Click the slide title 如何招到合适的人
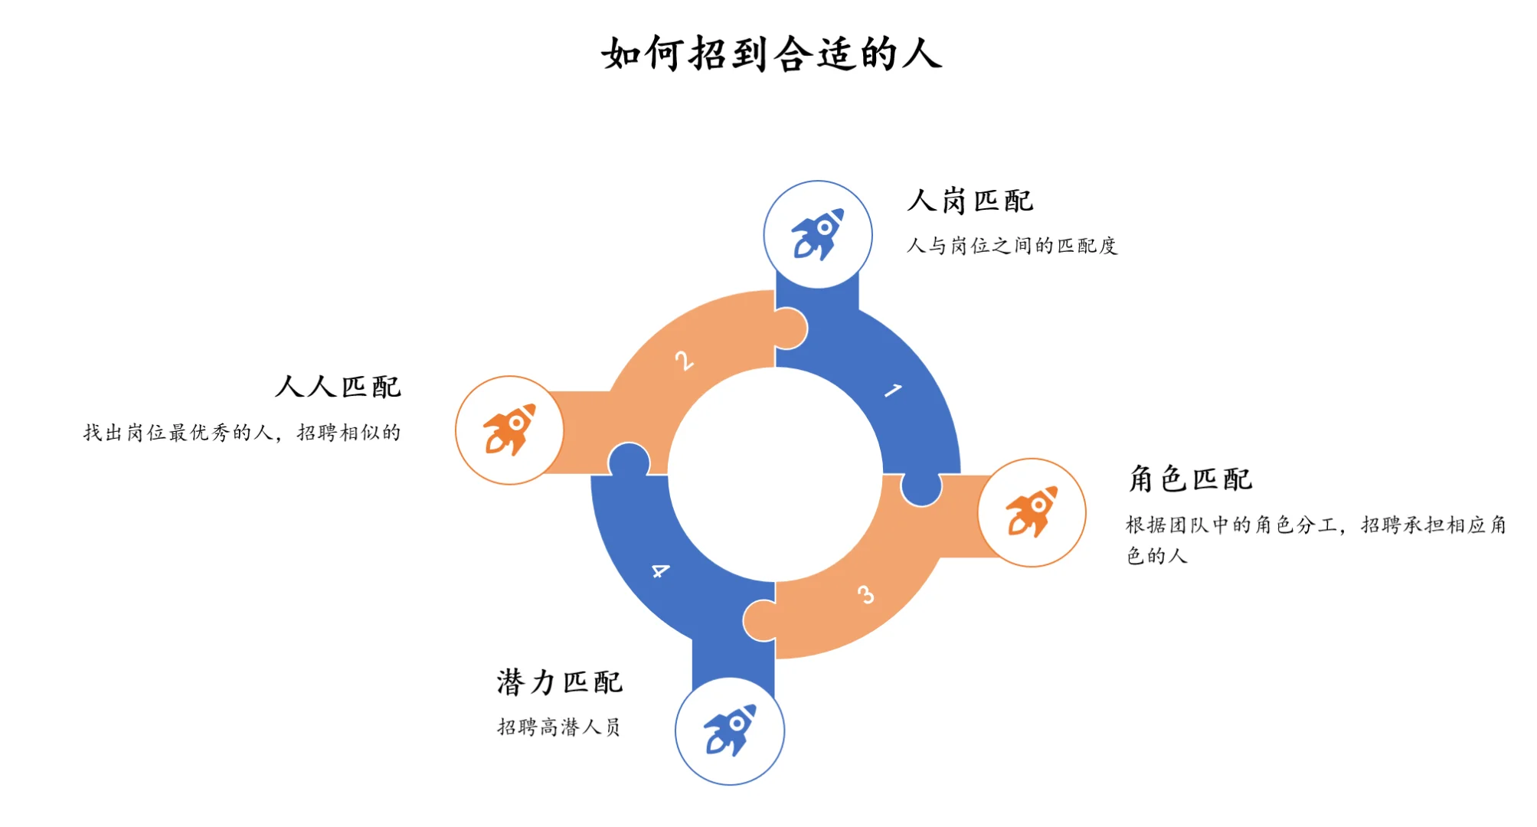(x=771, y=54)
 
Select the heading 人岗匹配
(x=970, y=201)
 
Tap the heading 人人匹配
(x=338, y=387)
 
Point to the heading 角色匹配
(x=1190, y=479)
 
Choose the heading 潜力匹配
(x=559, y=682)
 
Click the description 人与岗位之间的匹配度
(x=1012, y=246)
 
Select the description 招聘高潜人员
(x=558, y=727)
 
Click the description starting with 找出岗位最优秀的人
(x=242, y=433)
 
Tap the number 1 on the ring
(x=893, y=391)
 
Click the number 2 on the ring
(x=684, y=360)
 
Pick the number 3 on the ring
(x=865, y=595)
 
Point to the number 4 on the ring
(x=660, y=570)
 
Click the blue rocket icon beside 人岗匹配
(x=818, y=234)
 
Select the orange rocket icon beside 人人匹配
(x=509, y=430)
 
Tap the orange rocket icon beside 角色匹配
(x=1032, y=512)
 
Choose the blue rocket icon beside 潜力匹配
(x=730, y=731)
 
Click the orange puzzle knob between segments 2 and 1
(x=790, y=329)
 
